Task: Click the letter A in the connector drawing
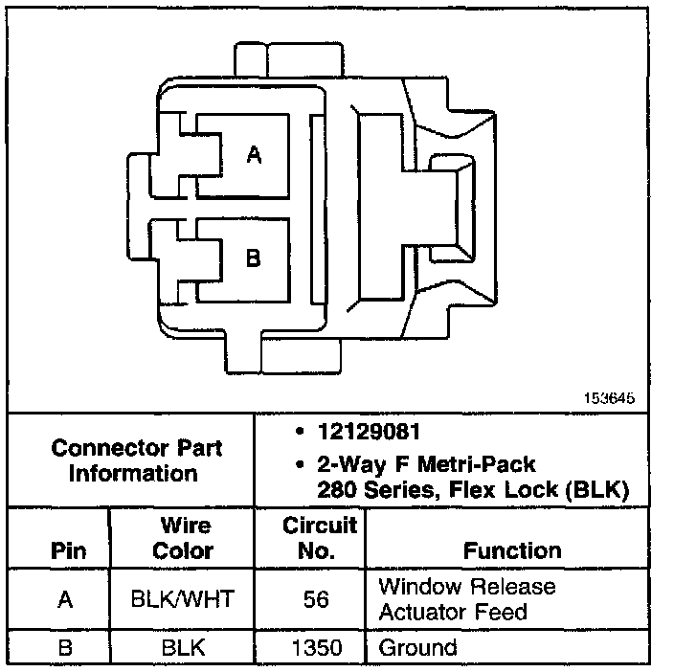[x=254, y=154]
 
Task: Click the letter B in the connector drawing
[x=254, y=258]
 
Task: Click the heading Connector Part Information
[x=136, y=460]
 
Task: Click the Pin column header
[x=65, y=550]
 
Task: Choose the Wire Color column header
[x=183, y=538]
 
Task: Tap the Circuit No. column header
[x=319, y=538]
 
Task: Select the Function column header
[x=512, y=550]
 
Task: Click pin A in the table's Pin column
[x=65, y=599]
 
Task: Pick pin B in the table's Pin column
[x=65, y=648]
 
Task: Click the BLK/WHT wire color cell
[x=183, y=599]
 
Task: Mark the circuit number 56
[x=317, y=599]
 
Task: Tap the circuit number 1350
[x=317, y=648]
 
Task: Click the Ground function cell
[x=418, y=648]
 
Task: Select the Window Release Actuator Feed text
[x=466, y=598]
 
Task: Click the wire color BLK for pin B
[x=183, y=648]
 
